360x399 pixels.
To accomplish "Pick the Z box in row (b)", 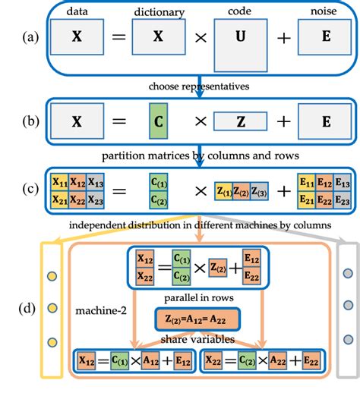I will tap(238, 120).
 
